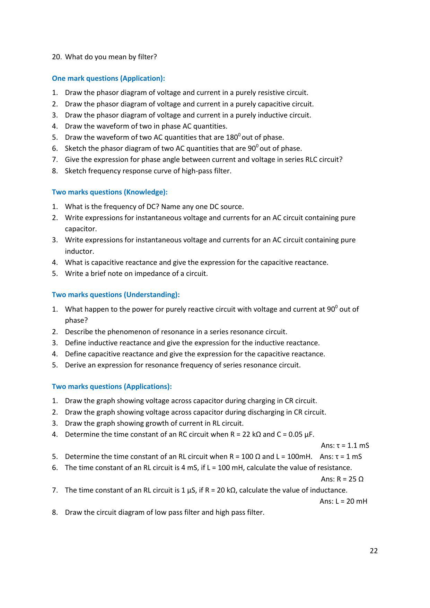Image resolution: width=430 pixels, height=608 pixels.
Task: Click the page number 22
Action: coord(374,551)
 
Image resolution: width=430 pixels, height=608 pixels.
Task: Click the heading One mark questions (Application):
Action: coord(108,78)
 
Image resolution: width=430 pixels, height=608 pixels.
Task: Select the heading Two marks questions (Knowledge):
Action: coord(109,192)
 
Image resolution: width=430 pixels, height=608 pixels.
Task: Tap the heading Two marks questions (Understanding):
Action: coord(116,295)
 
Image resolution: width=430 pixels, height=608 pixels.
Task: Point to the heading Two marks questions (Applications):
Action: coord(112,386)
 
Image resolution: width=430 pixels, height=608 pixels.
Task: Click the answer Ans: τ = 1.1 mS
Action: coord(345,445)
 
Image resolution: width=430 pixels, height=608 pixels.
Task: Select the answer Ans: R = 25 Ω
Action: coord(342,479)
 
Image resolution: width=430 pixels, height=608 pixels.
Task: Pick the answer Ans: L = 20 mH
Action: coord(343,501)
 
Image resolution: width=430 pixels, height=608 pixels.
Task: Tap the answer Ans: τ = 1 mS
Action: coord(341,457)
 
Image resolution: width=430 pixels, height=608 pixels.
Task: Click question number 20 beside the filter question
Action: coord(56,57)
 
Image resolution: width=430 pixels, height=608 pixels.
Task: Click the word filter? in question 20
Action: coord(147,57)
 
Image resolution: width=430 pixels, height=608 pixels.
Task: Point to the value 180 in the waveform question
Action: coord(231,137)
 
